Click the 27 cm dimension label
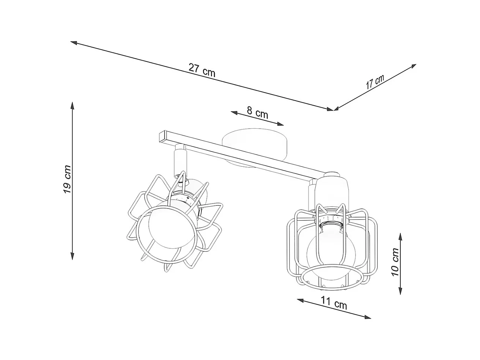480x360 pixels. tap(202, 70)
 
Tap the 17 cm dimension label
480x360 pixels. tap(375, 82)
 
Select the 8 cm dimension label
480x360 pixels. tap(257, 112)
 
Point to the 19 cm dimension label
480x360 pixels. tap(68, 179)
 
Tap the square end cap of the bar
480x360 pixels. tap(163, 137)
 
